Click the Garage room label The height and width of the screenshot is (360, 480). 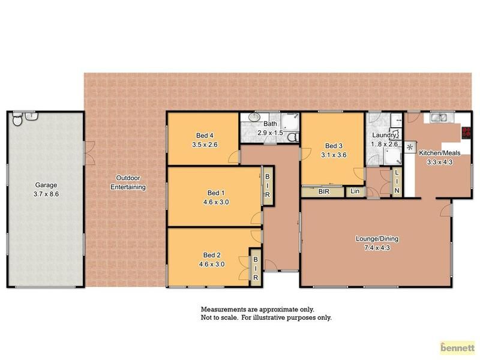tap(46, 185)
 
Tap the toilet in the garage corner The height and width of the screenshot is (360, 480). tap(17, 119)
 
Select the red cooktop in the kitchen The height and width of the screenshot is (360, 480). tap(466, 132)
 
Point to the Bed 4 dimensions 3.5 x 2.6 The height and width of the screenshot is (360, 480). tap(205, 145)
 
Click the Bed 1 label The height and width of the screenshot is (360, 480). tap(216, 193)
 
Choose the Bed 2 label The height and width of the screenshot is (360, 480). tap(212, 255)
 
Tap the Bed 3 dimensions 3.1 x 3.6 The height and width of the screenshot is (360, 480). tap(334, 155)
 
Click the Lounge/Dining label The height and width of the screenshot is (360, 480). tap(377, 238)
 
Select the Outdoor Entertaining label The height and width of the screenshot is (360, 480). tap(128, 182)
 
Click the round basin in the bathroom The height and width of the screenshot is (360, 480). tap(254, 117)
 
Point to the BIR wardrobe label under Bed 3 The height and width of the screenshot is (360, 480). tap(324, 191)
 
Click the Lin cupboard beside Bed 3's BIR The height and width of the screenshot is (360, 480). tap(355, 191)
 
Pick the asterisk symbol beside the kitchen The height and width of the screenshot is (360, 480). tap(410, 147)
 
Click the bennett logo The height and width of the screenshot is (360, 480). tap(457, 348)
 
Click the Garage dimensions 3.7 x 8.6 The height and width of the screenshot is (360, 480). tap(46, 194)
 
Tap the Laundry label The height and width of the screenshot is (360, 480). tap(383, 135)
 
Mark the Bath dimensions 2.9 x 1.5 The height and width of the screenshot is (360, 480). tap(271, 133)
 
